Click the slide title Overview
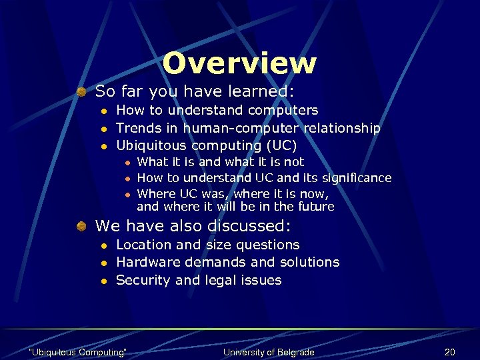click(x=239, y=63)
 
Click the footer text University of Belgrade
click(x=269, y=352)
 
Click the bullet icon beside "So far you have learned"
click(x=80, y=91)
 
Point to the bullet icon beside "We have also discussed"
click(x=80, y=227)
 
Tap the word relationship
click(x=342, y=128)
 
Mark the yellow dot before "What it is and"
click(x=127, y=162)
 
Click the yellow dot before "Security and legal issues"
click(x=104, y=281)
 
